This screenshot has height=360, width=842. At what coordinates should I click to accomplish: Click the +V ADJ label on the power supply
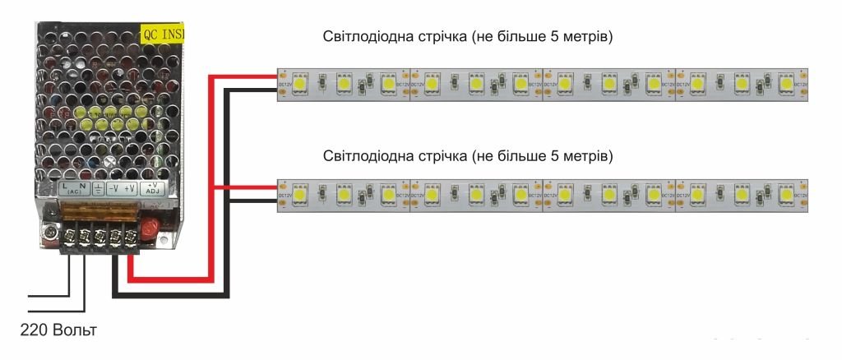pos(152,188)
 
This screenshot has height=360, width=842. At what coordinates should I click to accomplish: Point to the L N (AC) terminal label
pos(74,189)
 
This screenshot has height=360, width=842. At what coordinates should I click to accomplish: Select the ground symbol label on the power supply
pos(98,188)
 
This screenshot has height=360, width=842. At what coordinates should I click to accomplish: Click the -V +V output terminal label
pos(123,188)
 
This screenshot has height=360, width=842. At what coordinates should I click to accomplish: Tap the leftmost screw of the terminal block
pos(66,238)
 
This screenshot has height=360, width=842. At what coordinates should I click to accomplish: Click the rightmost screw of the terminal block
pos(129,238)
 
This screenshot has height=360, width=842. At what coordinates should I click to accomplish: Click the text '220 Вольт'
pos(58,330)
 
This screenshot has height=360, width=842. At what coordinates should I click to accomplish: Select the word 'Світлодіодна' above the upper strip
pos(363,38)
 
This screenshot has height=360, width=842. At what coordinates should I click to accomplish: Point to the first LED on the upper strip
pos(300,83)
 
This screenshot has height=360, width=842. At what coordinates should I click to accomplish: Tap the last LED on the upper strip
pos(786,83)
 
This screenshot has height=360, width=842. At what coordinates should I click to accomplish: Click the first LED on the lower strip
pos(300,194)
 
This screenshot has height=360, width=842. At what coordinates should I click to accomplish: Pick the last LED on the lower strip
pos(786,194)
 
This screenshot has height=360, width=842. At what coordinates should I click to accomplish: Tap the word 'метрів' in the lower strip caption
pos(590,155)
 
